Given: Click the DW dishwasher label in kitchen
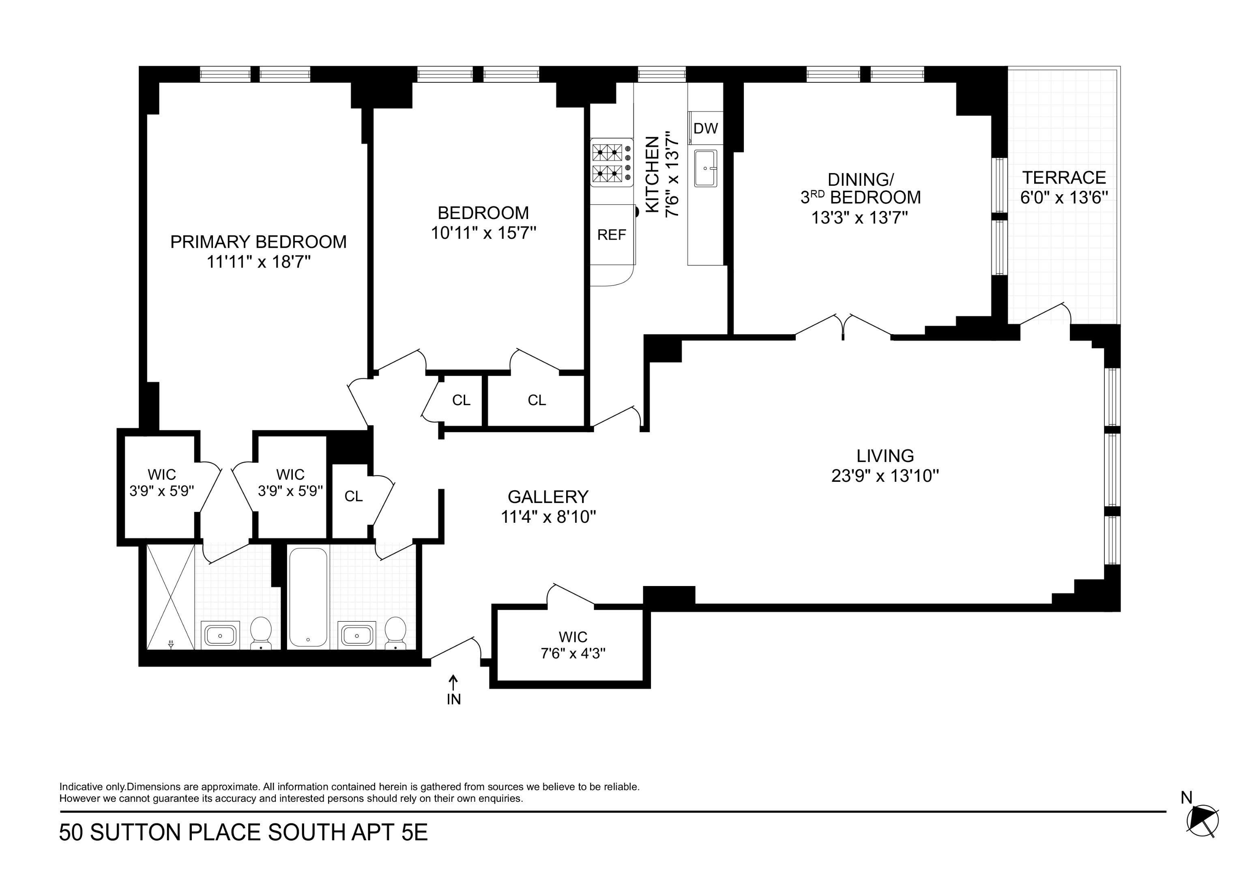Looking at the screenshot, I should (705, 129).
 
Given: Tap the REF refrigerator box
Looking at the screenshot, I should (612, 235).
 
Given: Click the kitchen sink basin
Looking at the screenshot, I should (705, 168).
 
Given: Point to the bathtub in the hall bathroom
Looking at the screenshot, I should (308, 597).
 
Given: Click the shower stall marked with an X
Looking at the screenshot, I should (170, 597).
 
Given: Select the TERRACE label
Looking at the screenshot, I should (1064, 178).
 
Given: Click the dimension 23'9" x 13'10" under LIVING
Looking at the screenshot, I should (885, 476).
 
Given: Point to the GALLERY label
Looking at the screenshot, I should (548, 496).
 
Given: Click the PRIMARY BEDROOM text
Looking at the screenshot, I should (258, 242).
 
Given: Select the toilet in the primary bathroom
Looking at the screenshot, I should (261, 632).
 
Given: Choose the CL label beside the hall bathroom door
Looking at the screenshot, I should (354, 496).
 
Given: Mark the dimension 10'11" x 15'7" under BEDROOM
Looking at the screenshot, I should (483, 233).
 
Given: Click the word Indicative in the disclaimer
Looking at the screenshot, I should (81, 787).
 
